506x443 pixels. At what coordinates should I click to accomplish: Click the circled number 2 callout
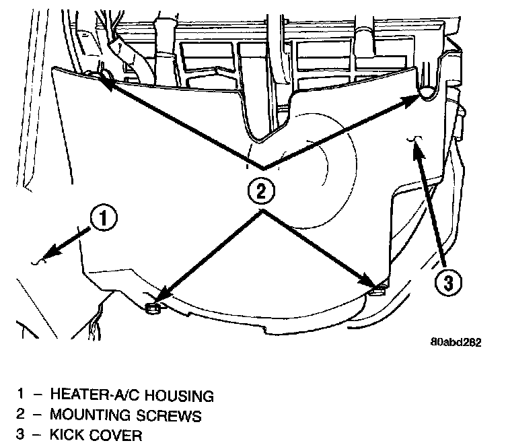[261, 191]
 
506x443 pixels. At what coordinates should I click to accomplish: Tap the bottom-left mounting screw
[153, 308]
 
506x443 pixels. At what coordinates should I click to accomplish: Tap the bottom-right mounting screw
[378, 289]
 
